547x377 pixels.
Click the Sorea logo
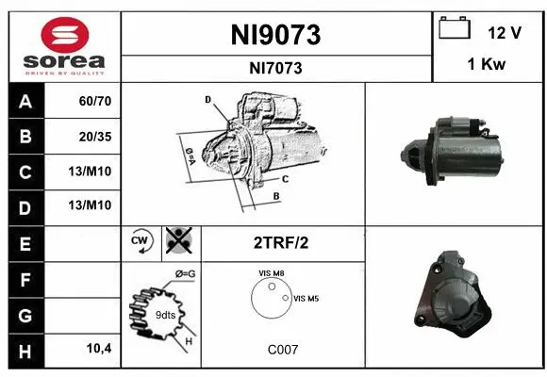pyautogui.click(x=64, y=46)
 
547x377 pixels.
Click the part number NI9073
pyautogui.click(x=276, y=35)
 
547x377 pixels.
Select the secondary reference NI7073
pyautogui.click(x=276, y=68)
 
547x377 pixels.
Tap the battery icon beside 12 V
pyautogui.click(x=455, y=30)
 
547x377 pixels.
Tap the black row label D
pyautogui.click(x=25, y=206)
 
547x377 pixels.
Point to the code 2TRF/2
pyautogui.click(x=282, y=242)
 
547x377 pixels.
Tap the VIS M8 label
pyautogui.click(x=273, y=272)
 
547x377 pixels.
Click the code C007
pyautogui.click(x=282, y=349)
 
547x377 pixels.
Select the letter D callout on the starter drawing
pyautogui.click(x=207, y=99)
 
